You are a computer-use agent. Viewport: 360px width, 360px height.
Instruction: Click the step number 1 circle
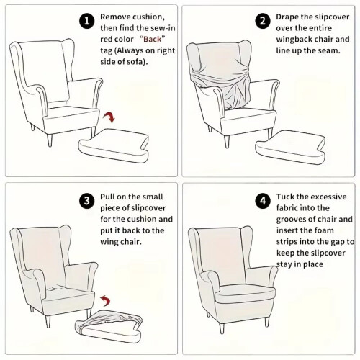(87, 21)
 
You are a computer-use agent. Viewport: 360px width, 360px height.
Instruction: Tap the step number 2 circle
(263, 21)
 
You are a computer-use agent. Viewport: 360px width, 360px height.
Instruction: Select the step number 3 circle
(87, 201)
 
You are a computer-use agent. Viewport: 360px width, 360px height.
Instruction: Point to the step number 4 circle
(263, 201)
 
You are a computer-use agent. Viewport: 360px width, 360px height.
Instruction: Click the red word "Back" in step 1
(152, 39)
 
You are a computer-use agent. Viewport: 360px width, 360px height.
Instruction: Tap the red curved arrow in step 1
(109, 117)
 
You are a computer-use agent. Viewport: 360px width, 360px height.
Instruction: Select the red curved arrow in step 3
(105, 300)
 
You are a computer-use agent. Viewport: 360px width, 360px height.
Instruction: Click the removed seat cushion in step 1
(114, 145)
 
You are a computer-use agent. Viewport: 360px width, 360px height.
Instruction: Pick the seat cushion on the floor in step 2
(290, 147)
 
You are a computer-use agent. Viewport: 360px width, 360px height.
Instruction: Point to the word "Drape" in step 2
(287, 17)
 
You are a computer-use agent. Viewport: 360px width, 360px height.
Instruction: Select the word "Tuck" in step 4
(285, 197)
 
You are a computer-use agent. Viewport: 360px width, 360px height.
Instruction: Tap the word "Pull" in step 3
(107, 197)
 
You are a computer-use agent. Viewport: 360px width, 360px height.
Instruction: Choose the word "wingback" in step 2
(294, 40)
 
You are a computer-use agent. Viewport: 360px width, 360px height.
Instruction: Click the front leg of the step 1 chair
(49, 140)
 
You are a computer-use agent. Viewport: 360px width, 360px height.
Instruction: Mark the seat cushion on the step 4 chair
(245, 293)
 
